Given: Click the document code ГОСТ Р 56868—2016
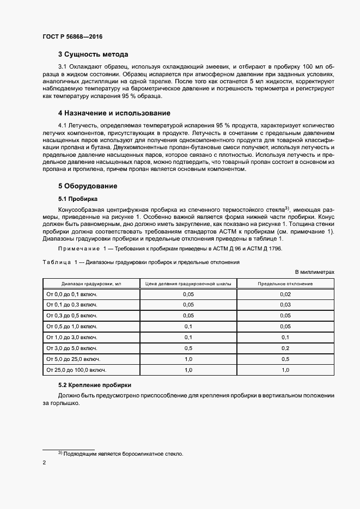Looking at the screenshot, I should coord(72,37).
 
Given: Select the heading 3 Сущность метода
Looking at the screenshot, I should coord(93,54).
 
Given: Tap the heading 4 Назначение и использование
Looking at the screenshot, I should coord(114,113).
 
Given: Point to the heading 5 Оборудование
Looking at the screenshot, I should coord(88,186).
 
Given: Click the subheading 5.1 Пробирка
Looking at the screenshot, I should coord(78,198).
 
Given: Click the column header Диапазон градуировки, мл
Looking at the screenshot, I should coord(91,284).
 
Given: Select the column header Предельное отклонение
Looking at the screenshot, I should coord(285,284).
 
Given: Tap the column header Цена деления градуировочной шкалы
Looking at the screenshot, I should coord(188,284).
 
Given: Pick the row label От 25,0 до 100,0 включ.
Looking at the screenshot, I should coord(76,370).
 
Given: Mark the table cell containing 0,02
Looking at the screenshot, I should coord(285,294).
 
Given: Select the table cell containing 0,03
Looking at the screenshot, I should coord(285,305).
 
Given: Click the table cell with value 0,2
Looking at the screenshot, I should coord(285,348).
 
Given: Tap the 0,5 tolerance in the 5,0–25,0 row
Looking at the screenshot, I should coord(285,359).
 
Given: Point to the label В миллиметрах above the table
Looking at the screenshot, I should coord(314,271).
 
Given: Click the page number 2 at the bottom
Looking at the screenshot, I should coord(44,463).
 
